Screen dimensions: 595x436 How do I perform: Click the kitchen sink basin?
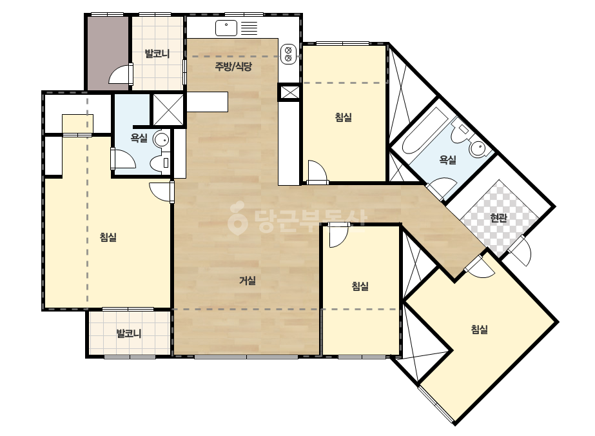226,28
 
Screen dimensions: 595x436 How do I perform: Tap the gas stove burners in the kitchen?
288,54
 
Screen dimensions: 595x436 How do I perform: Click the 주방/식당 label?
233,67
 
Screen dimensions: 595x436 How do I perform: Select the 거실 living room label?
248,281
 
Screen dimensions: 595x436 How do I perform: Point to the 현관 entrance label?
498,218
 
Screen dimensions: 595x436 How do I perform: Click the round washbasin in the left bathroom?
161,139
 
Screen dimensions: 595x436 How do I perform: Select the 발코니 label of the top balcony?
157,54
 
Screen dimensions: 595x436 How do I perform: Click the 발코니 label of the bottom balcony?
129,334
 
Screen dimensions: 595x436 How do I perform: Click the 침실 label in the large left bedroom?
108,237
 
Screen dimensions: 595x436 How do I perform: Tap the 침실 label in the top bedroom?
344,117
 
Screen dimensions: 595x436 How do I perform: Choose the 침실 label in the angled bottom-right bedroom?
479,330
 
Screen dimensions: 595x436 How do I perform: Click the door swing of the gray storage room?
121,74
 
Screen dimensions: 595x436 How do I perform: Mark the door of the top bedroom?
317,173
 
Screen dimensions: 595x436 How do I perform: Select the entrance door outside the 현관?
521,251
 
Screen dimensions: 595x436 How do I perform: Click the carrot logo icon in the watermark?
237,218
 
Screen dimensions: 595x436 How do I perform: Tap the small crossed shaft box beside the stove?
290,92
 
